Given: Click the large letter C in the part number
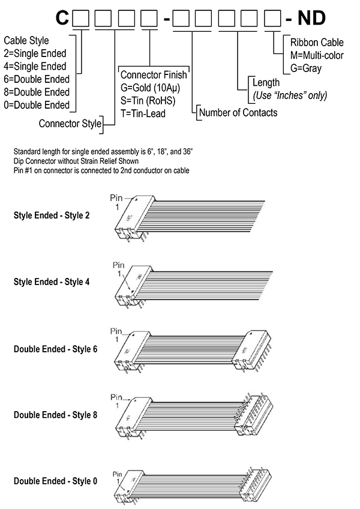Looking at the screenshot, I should click(x=62, y=19).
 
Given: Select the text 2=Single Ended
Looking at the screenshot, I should click(x=35, y=54).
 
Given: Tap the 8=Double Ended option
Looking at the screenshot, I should click(x=37, y=92).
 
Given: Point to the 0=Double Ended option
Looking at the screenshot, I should click(x=37, y=105).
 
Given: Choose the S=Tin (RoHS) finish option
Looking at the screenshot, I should click(x=148, y=101).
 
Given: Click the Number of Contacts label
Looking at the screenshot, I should click(x=238, y=113).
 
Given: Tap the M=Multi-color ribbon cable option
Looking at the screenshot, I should click(x=316, y=55).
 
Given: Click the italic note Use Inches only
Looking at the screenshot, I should click(x=287, y=95).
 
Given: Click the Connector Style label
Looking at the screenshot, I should click(x=69, y=125).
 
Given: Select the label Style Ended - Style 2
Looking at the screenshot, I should click(x=52, y=214).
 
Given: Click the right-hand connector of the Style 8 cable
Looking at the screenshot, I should click(x=254, y=415).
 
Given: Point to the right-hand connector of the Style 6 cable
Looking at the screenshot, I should click(x=254, y=351).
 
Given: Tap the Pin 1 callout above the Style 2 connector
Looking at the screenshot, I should click(x=118, y=201).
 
